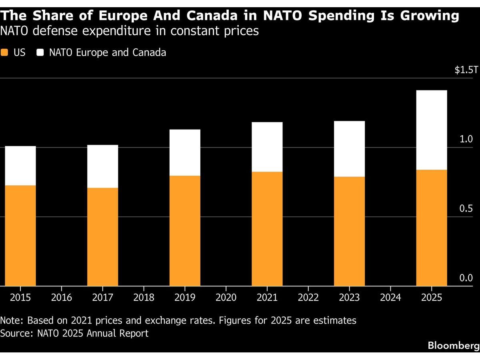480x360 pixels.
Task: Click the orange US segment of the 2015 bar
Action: coord(20,236)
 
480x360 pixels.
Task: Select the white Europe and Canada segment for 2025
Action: coord(432,130)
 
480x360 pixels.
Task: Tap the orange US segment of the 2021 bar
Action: coord(267,229)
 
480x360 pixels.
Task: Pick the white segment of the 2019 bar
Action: coord(185,152)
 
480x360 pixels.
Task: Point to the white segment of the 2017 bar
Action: coord(102,166)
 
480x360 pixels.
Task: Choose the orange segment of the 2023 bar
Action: coord(349,231)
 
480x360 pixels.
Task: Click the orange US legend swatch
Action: coord(4,52)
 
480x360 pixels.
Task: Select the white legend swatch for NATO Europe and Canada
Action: coord(40,52)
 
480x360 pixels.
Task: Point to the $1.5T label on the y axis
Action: coord(466,70)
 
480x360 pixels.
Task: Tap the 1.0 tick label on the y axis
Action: coord(466,139)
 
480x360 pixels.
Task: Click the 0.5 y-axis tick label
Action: coord(466,208)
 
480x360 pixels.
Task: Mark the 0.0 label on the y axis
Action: coord(466,278)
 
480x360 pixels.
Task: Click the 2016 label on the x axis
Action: coord(62,298)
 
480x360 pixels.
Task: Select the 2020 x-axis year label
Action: coord(226,298)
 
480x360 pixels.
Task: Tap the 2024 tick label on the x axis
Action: coord(390,298)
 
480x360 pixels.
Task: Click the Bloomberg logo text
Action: coord(454,346)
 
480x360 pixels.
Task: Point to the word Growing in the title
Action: coord(430,16)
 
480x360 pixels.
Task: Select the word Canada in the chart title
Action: coord(212,16)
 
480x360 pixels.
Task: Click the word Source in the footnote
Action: coord(16,333)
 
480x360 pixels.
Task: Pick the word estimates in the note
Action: coord(335,321)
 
